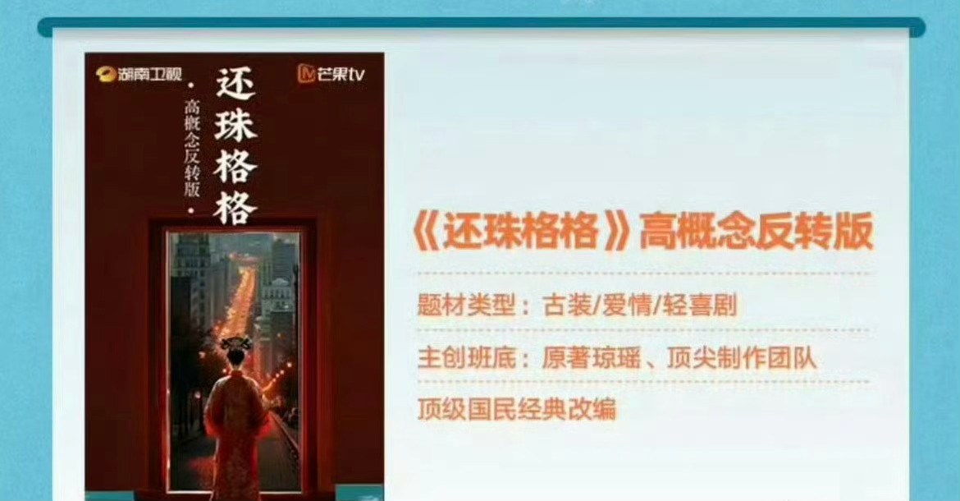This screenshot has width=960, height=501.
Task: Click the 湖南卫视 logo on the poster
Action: coord(139,74)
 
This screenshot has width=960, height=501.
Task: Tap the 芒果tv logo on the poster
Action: coord(331,73)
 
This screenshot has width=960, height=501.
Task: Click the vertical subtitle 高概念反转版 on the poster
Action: coord(192,148)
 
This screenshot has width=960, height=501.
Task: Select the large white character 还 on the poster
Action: coord(235,83)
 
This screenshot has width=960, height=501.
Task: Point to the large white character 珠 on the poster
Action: coord(235,124)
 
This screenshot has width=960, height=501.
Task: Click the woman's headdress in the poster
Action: coord(236,344)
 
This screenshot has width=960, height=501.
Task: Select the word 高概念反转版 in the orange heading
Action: coord(756,232)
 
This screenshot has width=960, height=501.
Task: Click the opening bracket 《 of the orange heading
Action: coord(425,232)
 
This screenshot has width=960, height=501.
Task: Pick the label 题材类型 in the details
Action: coord(466,305)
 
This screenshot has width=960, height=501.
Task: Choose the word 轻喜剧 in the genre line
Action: coord(700,305)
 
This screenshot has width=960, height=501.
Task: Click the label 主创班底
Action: coord(467,358)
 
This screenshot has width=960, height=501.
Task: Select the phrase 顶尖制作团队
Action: coord(742,358)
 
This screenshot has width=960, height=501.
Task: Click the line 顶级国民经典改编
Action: coord(518,409)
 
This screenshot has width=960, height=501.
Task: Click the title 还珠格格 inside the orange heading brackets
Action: coord(520,232)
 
